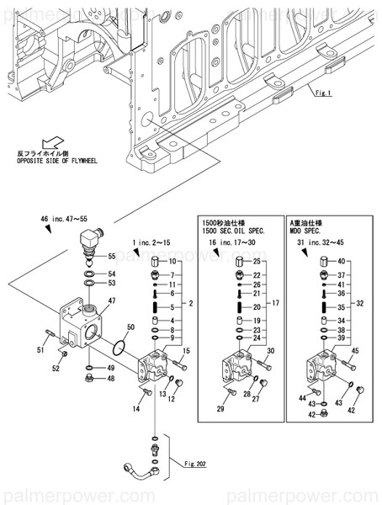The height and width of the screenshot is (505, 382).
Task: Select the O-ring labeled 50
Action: pyautogui.click(x=120, y=347)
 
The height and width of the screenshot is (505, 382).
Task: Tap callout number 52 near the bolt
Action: pyautogui.click(x=56, y=368)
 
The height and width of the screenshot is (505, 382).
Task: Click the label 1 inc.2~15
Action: pyautogui.click(x=151, y=243)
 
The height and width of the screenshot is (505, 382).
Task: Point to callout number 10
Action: pyautogui.click(x=172, y=262)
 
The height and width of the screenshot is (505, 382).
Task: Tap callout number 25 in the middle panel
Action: pyautogui.click(x=257, y=262)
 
